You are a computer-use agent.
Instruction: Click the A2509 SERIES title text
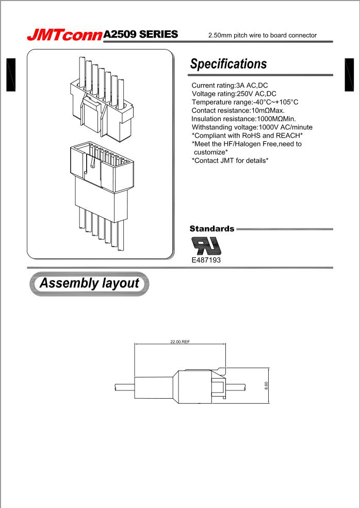(141, 35)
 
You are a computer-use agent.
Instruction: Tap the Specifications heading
(228, 64)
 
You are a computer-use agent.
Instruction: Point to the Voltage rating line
(234, 94)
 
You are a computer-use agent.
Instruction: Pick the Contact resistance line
(238, 110)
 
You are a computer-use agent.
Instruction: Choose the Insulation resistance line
(243, 119)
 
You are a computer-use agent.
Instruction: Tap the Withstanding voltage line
(252, 127)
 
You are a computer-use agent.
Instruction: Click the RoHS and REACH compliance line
(247, 135)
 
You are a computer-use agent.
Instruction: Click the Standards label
(212, 228)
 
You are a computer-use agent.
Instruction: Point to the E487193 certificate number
(206, 260)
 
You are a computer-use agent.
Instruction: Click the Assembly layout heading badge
(90, 284)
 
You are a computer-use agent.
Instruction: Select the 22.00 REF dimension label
(180, 341)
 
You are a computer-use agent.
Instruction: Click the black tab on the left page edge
(10, 75)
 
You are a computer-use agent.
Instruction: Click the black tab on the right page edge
(349, 75)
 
